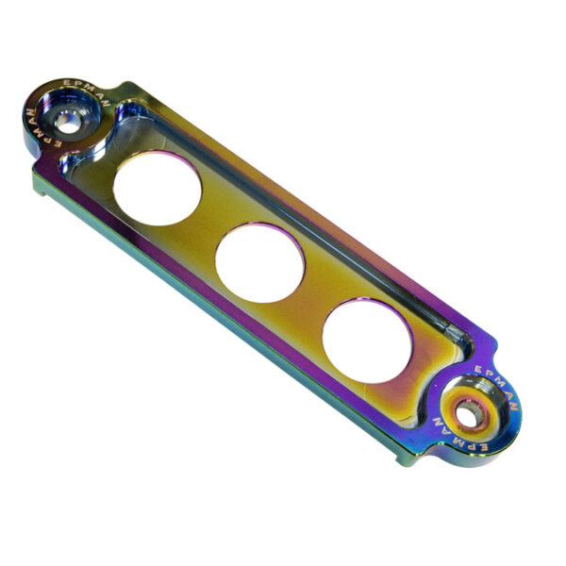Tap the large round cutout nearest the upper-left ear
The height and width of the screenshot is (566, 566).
tap(158, 188)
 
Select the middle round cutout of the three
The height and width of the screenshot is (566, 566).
tap(259, 262)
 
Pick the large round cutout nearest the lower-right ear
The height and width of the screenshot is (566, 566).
tap(368, 341)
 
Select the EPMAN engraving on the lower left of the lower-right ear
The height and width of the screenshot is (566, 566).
tap(458, 436)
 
